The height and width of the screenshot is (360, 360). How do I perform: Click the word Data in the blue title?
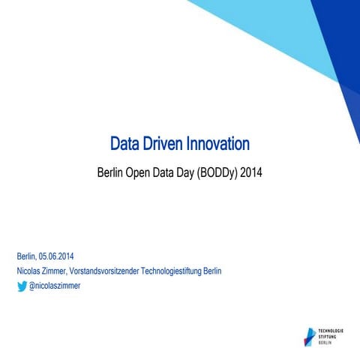tap(126, 143)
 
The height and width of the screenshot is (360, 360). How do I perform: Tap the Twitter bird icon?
tap(22, 286)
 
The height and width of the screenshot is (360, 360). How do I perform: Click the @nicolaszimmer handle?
tap(55, 286)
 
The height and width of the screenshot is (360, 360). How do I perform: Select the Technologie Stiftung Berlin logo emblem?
tap(310, 336)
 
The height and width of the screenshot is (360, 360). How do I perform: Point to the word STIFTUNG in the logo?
tap(329, 336)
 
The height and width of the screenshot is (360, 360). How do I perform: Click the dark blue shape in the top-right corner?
tap(341, 37)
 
